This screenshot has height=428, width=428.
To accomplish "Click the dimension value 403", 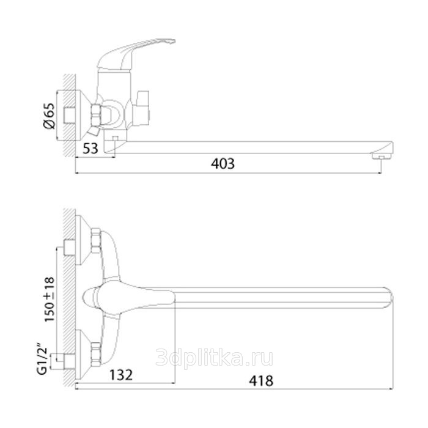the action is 223,164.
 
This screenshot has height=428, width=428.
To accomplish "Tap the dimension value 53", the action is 90,149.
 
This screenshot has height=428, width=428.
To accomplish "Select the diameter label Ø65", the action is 49,116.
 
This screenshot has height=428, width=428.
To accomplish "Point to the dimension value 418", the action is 261,381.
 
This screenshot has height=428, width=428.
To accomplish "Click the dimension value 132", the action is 121,375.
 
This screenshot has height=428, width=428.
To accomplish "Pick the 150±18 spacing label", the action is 50,300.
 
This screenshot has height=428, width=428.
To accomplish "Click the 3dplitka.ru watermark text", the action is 214,358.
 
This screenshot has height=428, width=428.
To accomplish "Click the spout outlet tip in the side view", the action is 382,156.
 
